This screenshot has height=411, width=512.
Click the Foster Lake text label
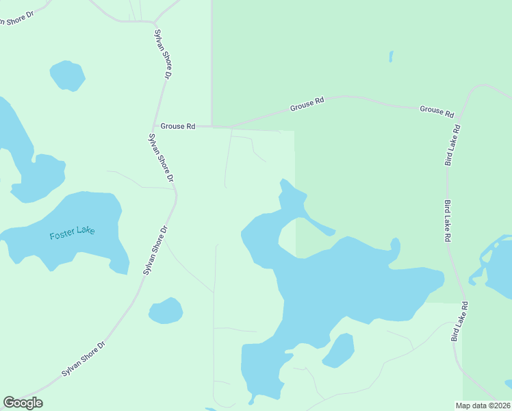click(x=72, y=232)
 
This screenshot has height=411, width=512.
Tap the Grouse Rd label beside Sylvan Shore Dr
click(x=178, y=126)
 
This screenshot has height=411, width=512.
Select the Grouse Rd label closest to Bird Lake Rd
click(x=437, y=110)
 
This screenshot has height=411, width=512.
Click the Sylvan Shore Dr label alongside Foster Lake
click(x=155, y=251)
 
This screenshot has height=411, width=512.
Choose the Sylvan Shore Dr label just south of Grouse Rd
click(x=161, y=157)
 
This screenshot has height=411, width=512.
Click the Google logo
click(x=23, y=403)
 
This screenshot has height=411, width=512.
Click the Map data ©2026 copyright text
click(x=483, y=405)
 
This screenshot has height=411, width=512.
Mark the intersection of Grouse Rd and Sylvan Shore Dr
click(x=154, y=126)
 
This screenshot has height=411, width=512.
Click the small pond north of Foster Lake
click(x=67, y=75)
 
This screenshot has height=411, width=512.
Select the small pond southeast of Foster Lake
click(x=166, y=311)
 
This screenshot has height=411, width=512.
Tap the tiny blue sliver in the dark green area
click(x=391, y=56)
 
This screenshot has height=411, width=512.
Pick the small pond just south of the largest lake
click(x=338, y=350)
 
